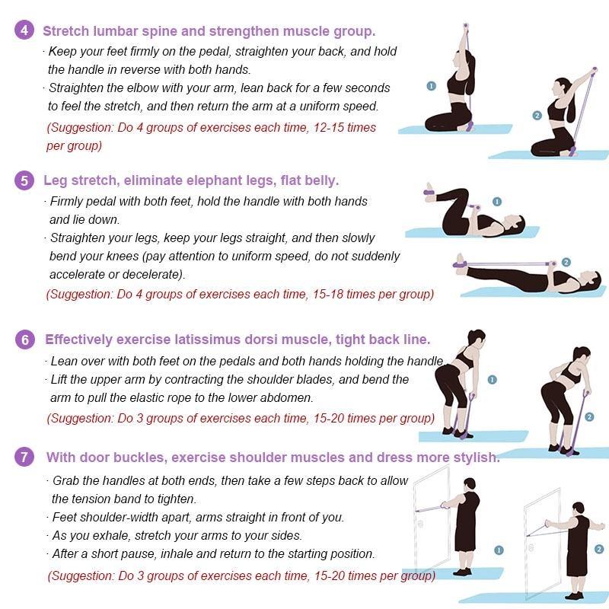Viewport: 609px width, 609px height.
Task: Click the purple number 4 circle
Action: pos(24,30)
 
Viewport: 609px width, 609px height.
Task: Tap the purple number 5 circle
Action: pos(24,180)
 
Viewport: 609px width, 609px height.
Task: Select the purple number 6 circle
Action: pos(25,340)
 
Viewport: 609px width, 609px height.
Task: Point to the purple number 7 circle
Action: pos(24,456)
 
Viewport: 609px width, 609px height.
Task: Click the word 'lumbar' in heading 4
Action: pos(116,31)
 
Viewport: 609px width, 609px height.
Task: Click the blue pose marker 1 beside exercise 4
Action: pos(431,86)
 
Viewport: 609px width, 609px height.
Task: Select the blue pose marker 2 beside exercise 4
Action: pos(537,116)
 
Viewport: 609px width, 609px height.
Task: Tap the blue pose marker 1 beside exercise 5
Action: pos(497,202)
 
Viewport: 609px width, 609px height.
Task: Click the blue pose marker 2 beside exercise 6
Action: pos(589,417)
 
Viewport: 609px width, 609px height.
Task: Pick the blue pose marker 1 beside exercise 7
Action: pos(499,550)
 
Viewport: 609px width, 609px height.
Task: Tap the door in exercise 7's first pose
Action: pos(432,521)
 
